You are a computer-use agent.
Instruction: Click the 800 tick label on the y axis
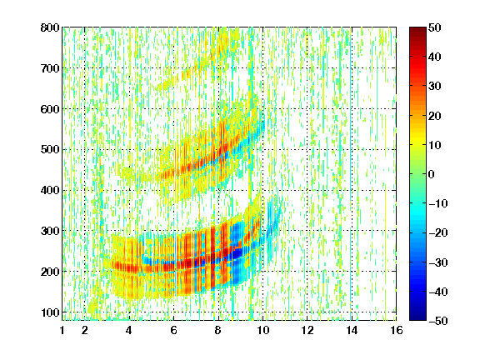(x=50, y=27)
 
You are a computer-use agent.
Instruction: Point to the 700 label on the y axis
(x=50, y=68)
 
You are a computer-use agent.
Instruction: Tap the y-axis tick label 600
(x=50, y=109)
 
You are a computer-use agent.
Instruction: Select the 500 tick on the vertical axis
(x=50, y=150)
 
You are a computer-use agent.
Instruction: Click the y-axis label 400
(x=50, y=190)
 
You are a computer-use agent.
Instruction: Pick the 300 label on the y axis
(x=50, y=231)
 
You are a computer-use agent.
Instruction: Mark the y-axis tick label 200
(x=50, y=272)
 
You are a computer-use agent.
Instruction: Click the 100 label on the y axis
(x=50, y=312)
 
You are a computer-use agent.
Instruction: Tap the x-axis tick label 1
(x=62, y=330)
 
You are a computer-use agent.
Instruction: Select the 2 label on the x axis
(x=85, y=330)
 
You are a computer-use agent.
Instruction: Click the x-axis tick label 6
(x=174, y=330)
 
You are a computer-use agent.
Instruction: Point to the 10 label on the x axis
(x=262, y=330)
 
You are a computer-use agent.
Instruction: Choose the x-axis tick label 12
(x=307, y=330)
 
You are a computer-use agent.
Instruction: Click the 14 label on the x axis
(x=352, y=330)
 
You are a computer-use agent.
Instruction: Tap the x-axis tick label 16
(x=397, y=330)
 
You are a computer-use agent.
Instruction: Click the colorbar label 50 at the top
(x=434, y=27)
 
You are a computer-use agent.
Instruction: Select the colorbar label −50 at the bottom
(x=438, y=321)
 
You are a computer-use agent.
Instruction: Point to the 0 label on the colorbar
(x=431, y=174)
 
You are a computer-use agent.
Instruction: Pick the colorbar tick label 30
(x=434, y=86)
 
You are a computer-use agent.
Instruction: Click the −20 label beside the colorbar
(x=438, y=232)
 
